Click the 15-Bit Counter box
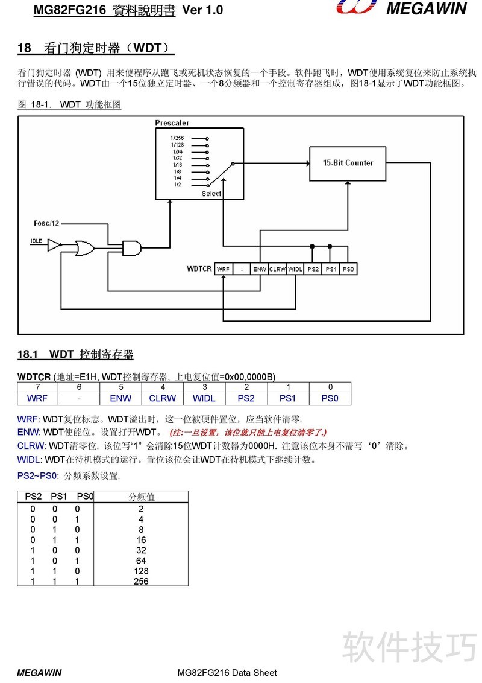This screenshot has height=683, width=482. click(x=348, y=164)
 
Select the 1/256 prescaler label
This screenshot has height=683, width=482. click(x=177, y=138)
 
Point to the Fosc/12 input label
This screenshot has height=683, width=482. click(x=46, y=223)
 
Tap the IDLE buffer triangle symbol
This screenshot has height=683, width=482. click(x=54, y=245)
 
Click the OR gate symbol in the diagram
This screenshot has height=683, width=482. click(x=85, y=248)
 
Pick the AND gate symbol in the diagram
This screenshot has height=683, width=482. click(x=132, y=248)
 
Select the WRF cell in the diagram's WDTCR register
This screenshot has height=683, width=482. click(x=223, y=269)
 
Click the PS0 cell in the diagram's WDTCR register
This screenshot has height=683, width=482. click(x=348, y=269)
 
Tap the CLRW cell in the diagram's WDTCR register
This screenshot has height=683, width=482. click(x=277, y=269)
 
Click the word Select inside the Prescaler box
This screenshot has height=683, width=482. click(x=211, y=194)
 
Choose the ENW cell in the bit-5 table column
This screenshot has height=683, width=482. click(x=120, y=398)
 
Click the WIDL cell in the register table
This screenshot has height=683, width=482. click(x=204, y=398)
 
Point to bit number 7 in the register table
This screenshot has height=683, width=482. click(x=37, y=387)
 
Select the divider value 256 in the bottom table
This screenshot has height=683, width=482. click(x=141, y=581)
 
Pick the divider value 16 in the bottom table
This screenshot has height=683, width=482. click(x=141, y=539)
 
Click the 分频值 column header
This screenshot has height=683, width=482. click(x=142, y=497)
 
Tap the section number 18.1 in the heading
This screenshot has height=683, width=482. click(x=28, y=354)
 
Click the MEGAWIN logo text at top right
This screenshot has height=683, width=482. click(x=427, y=8)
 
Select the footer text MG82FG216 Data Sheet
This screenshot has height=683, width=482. click(x=227, y=673)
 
